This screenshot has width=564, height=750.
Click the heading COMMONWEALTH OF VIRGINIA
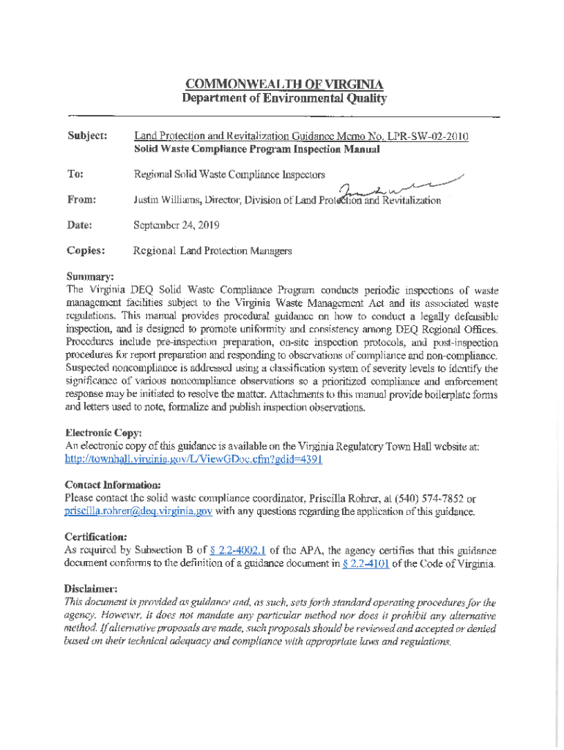click(284, 83)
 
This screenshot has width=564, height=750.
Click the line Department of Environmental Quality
click(284, 98)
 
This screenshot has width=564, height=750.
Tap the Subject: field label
click(87, 136)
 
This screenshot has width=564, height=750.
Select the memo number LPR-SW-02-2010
click(427, 136)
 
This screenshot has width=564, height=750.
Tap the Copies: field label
click(86, 250)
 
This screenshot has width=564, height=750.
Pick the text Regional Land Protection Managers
click(212, 250)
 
